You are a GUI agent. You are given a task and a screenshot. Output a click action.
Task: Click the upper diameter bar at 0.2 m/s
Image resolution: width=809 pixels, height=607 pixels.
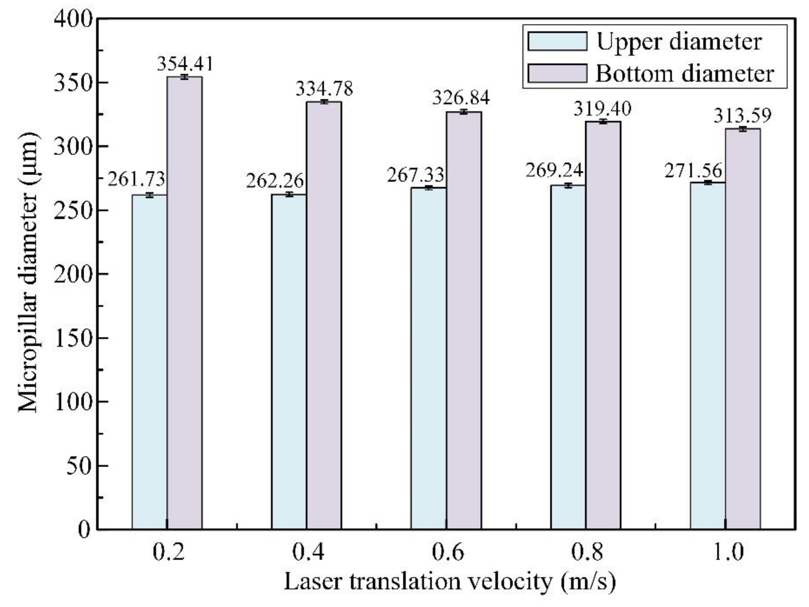click(x=149, y=362)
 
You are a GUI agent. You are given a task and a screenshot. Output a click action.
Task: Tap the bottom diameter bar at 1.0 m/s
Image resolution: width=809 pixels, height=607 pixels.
click(x=743, y=329)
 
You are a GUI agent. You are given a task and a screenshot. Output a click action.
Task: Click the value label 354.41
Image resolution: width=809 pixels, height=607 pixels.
click(x=185, y=64)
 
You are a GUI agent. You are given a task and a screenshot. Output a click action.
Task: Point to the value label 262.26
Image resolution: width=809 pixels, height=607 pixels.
click(x=275, y=181)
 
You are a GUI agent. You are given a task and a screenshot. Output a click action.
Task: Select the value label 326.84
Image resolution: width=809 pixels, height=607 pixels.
click(x=461, y=98)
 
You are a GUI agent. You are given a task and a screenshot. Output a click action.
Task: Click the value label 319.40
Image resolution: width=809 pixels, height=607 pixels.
click(x=602, y=109)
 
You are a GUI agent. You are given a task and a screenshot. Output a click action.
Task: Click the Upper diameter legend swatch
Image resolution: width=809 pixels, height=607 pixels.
click(x=557, y=41)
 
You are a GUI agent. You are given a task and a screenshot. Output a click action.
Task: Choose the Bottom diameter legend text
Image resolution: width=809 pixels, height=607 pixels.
click(x=685, y=74)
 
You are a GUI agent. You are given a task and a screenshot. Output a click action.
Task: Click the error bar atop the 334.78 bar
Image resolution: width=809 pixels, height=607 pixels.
click(x=324, y=102)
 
